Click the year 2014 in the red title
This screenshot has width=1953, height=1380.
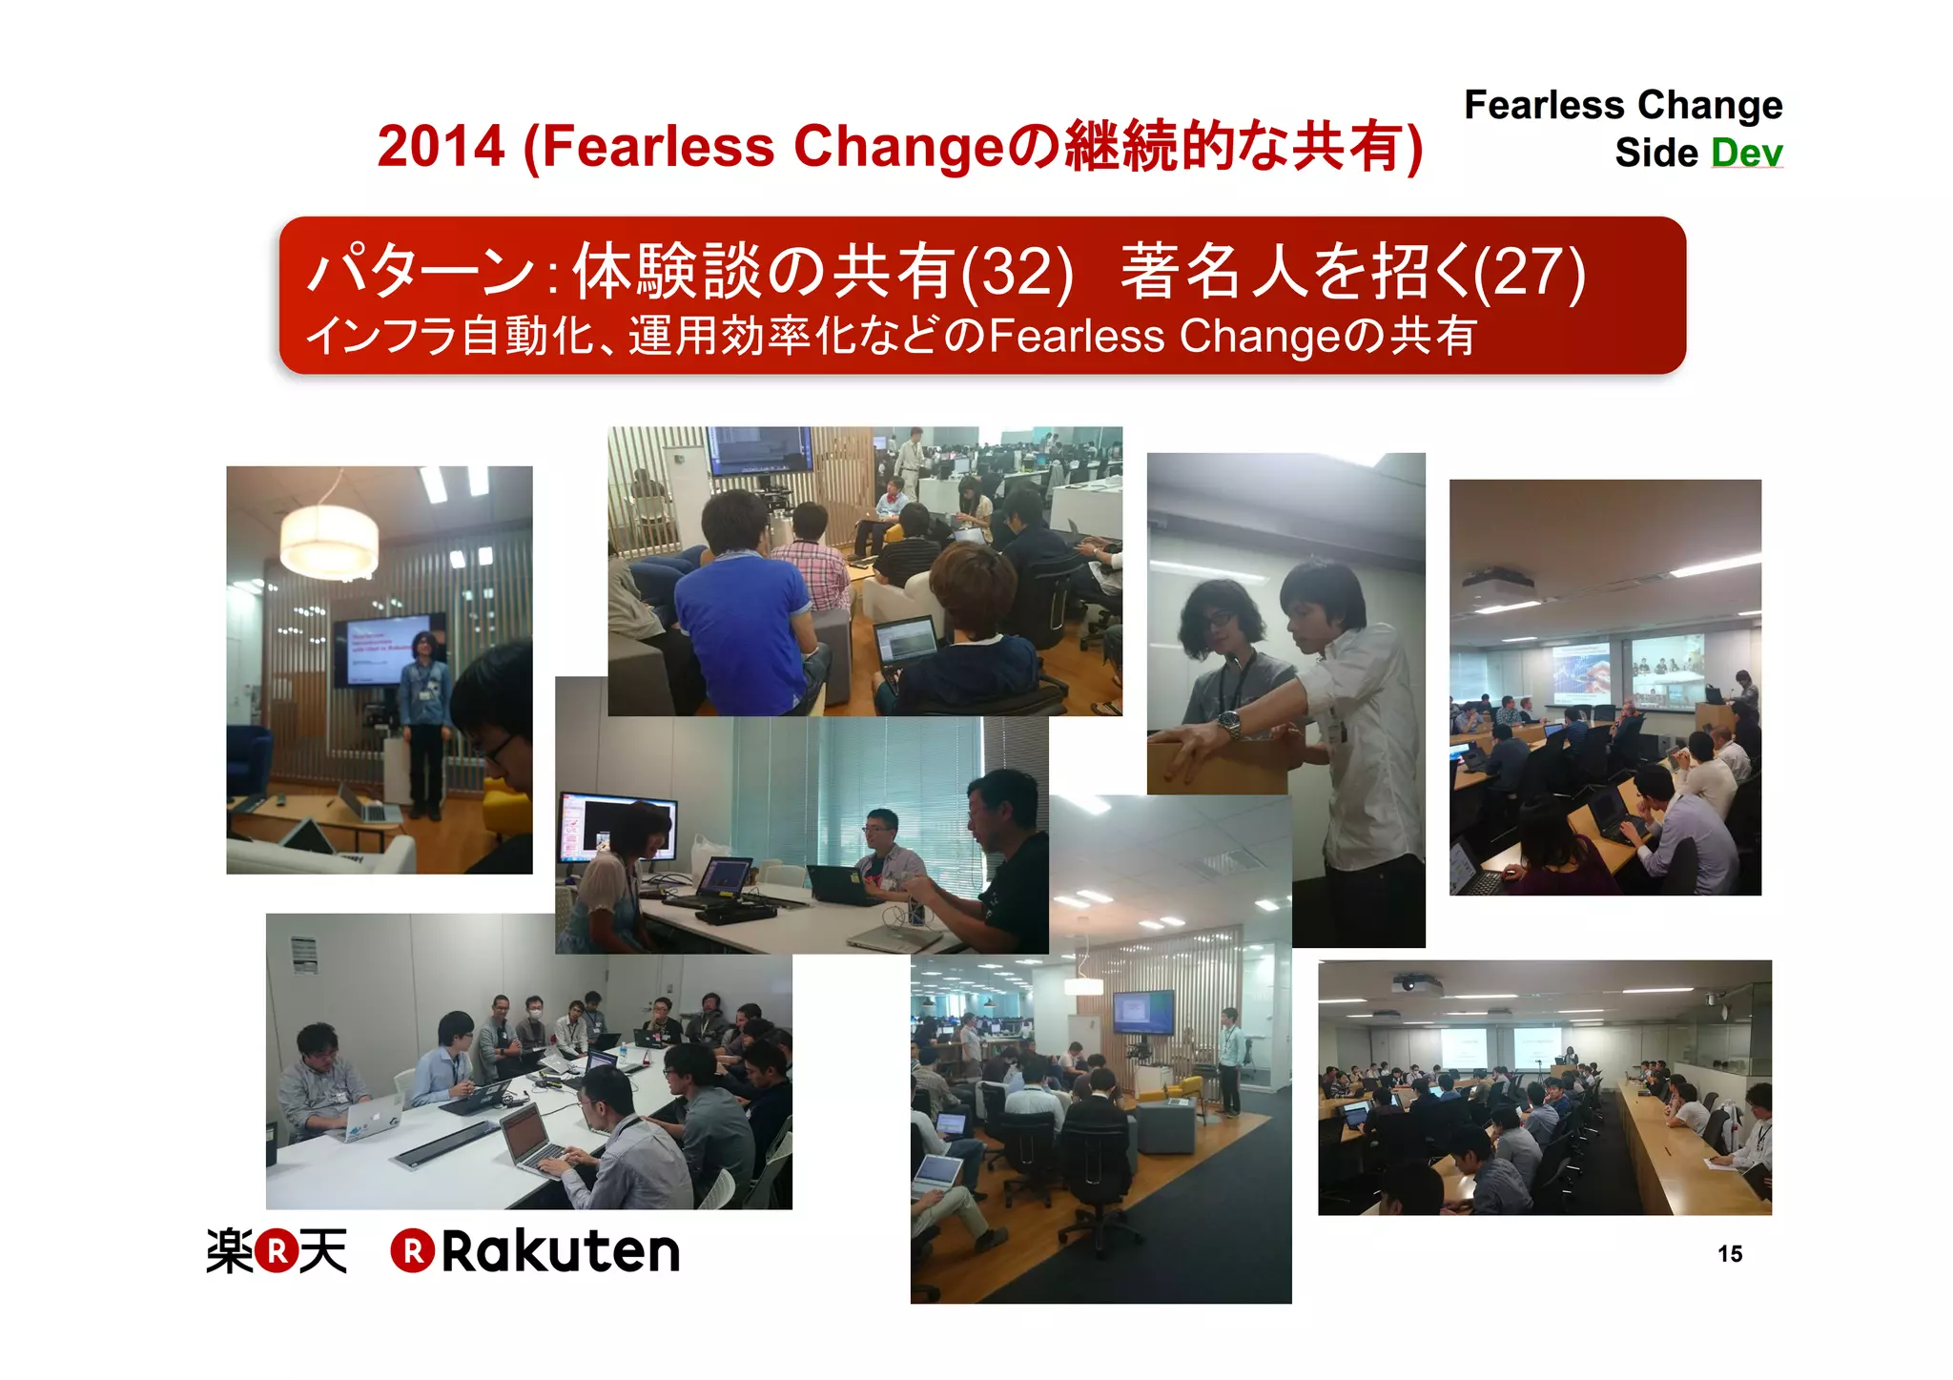(x=441, y=147)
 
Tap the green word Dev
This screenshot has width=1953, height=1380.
(x=1746, y=153)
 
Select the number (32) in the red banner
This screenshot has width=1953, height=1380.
(x=1018, y=272)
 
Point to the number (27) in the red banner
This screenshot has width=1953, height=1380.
(x=1530, y=272)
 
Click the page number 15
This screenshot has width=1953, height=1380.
(x=1730, y=1253)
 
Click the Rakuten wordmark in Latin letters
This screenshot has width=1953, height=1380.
(x=560, y=1250)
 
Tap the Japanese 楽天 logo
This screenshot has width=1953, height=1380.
(x=277, y=1250)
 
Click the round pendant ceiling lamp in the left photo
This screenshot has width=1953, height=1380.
(x=329, y=541)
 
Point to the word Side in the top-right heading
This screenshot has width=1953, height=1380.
(x=1655, y=153)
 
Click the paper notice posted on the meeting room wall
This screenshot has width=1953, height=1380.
(x=304, y=954)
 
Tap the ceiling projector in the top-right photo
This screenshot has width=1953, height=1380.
(x=1498, y=580)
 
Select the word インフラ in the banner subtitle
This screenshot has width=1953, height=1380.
(x=381, y=336)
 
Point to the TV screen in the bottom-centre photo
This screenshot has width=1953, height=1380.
(x=1143, y=1013)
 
